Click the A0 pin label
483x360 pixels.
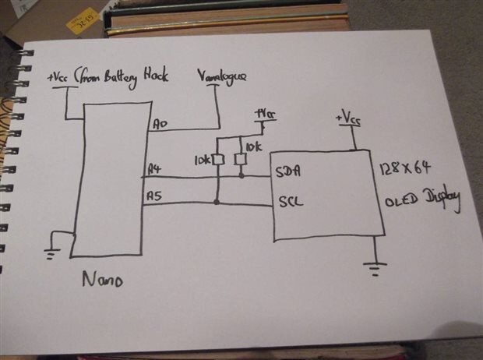160,124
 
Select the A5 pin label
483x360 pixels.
153,197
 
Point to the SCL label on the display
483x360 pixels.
289,202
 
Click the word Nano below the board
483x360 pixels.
101,279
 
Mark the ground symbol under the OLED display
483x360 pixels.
375,267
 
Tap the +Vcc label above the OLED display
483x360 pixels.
348,118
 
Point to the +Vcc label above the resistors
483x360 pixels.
265,115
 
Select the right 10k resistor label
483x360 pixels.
254,146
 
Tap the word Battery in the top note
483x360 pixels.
125,76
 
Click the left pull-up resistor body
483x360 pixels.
219,160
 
